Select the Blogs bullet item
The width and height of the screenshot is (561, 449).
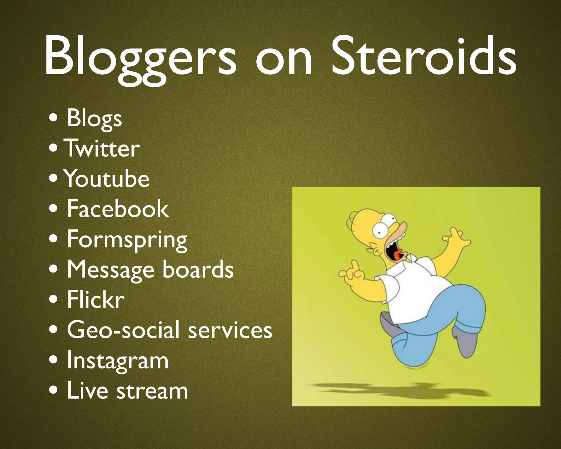tap(94, 119)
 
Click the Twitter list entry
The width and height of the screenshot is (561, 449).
tap(102, 149)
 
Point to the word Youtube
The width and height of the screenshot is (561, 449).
tap(107, 179)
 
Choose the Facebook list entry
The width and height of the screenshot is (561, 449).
tap(118, 209)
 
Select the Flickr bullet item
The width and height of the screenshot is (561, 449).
tap(96, 300)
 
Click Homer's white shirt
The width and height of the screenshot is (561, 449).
tap(411, 285)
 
